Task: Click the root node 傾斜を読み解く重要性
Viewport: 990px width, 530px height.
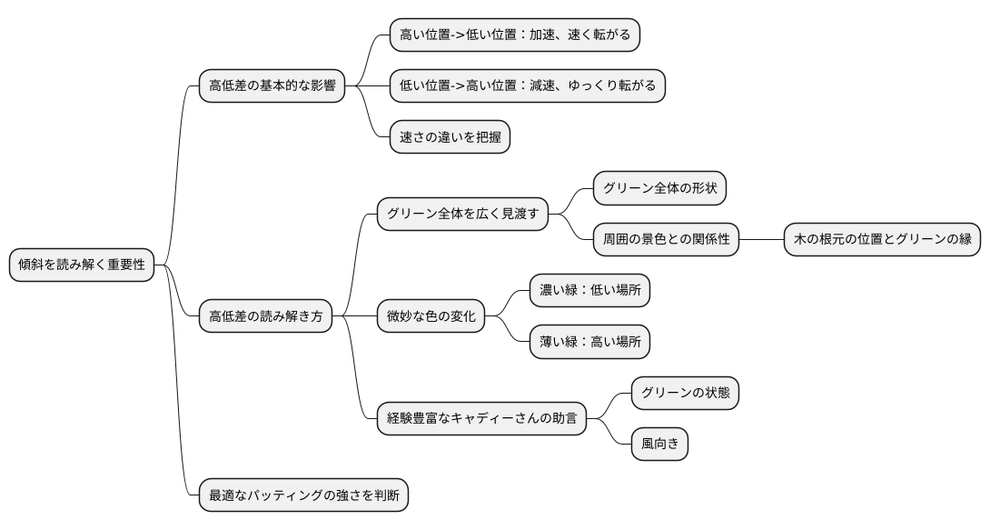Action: coord(82,265)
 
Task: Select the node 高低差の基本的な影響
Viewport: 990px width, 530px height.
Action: coord(272,86)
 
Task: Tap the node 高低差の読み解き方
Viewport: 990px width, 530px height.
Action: coord(265,317)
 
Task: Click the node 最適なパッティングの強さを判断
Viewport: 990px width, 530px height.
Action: coord(304,495)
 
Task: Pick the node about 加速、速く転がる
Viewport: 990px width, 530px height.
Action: coord(515,35)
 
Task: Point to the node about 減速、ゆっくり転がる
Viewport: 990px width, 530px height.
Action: coord(527,86)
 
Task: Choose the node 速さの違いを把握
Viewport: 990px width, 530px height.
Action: coord(450,137)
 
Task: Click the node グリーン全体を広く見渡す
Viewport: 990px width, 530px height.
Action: coord(463,215)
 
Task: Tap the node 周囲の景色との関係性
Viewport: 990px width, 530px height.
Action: coord(666,240)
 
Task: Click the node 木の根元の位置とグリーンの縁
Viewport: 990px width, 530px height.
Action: coord(882,240)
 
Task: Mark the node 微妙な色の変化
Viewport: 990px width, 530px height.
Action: coord(431,317)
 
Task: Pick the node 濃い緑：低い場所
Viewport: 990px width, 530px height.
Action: coord(590,291)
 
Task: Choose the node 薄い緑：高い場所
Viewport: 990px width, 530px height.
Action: coord(590,343)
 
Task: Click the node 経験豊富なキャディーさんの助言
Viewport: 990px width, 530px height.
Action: coord(481,420)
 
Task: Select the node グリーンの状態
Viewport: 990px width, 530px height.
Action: coord(686,394)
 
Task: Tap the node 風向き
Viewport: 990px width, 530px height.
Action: coord(659,445)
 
